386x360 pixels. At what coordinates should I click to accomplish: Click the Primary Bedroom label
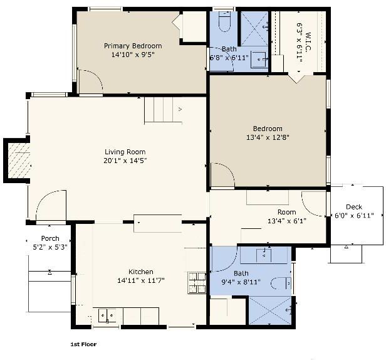click(x=133, y=46)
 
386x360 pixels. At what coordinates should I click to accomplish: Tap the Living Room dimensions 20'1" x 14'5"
click(x=125, y=161)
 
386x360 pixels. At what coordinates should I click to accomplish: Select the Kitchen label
click(x=141, y=272)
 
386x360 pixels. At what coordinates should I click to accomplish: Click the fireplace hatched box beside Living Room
click(x=19, y=161)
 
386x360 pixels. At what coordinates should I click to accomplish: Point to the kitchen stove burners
click(x=197, y=283)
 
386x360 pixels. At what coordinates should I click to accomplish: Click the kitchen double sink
click(x=107, y=315)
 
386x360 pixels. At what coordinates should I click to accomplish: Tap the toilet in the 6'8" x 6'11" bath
click(x=224, y=21)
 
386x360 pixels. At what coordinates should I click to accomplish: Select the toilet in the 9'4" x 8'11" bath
click(x=281, y=283)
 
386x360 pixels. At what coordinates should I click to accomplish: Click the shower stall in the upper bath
click(x=254, y=29)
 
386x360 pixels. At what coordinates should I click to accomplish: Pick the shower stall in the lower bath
click(x=270, y=310)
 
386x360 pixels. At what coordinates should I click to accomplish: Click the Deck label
click(x=354, y=207)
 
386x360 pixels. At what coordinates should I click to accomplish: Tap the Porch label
click(x=50, y=238)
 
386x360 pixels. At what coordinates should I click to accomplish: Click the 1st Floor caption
click(x=83, y=344)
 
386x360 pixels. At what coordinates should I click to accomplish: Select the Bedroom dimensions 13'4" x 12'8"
click(x=268, y=137)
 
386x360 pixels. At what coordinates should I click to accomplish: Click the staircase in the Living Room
click(x=163, y=110)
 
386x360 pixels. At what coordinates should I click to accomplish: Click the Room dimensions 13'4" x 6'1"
click(x=287, y=221)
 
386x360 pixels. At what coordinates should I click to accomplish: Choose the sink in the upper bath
click(x=258, y=60)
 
